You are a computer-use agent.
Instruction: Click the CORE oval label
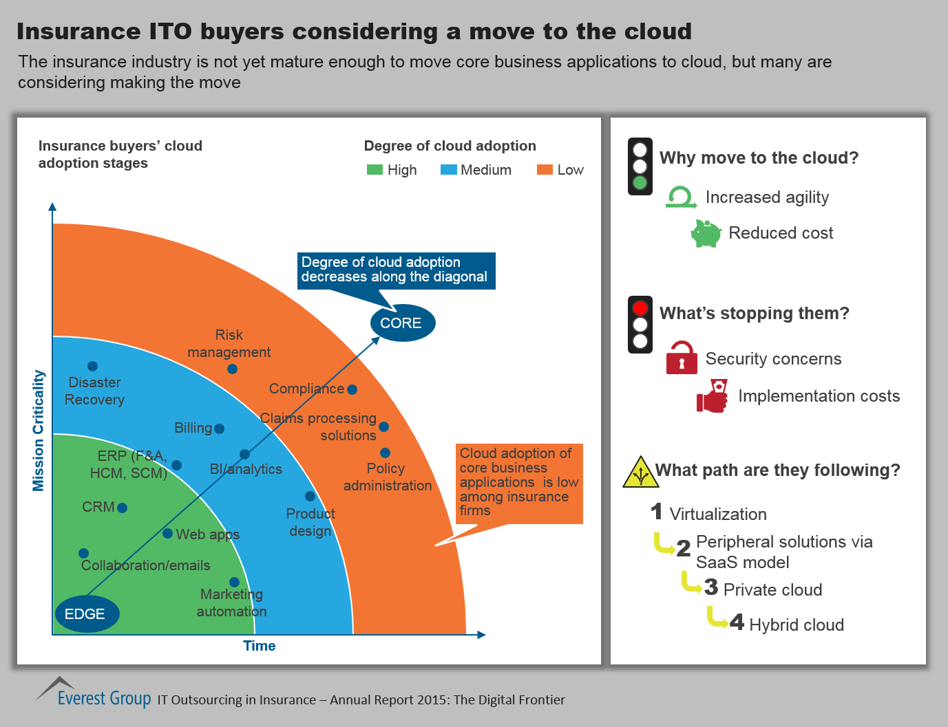click(403, 323)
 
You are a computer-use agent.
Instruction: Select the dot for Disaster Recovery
click(92, 366)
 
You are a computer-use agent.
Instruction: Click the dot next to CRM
click(122, 508)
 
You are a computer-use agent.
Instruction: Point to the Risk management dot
click(232, 369)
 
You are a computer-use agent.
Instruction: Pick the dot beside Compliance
click(352, 389)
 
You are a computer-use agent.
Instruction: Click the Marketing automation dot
click(234, 582)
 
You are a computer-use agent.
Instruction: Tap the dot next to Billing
click(220, 429)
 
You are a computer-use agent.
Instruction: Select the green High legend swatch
click(375, 170)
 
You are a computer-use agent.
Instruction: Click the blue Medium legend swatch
click(448, 170)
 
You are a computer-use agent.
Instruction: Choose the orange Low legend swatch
click(545, 170)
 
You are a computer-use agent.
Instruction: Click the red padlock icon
click(682, 358)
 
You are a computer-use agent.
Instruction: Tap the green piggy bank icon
click(706, 234)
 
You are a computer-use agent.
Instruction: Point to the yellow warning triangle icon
click(640, 472)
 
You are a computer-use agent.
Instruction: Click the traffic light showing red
click(640, 324)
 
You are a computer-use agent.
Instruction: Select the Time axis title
click(259, 645)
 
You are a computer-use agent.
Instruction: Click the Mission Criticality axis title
click(39, 431)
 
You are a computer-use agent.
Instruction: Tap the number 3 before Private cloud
click(711, 587)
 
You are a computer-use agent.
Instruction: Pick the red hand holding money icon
click(713, 395)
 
